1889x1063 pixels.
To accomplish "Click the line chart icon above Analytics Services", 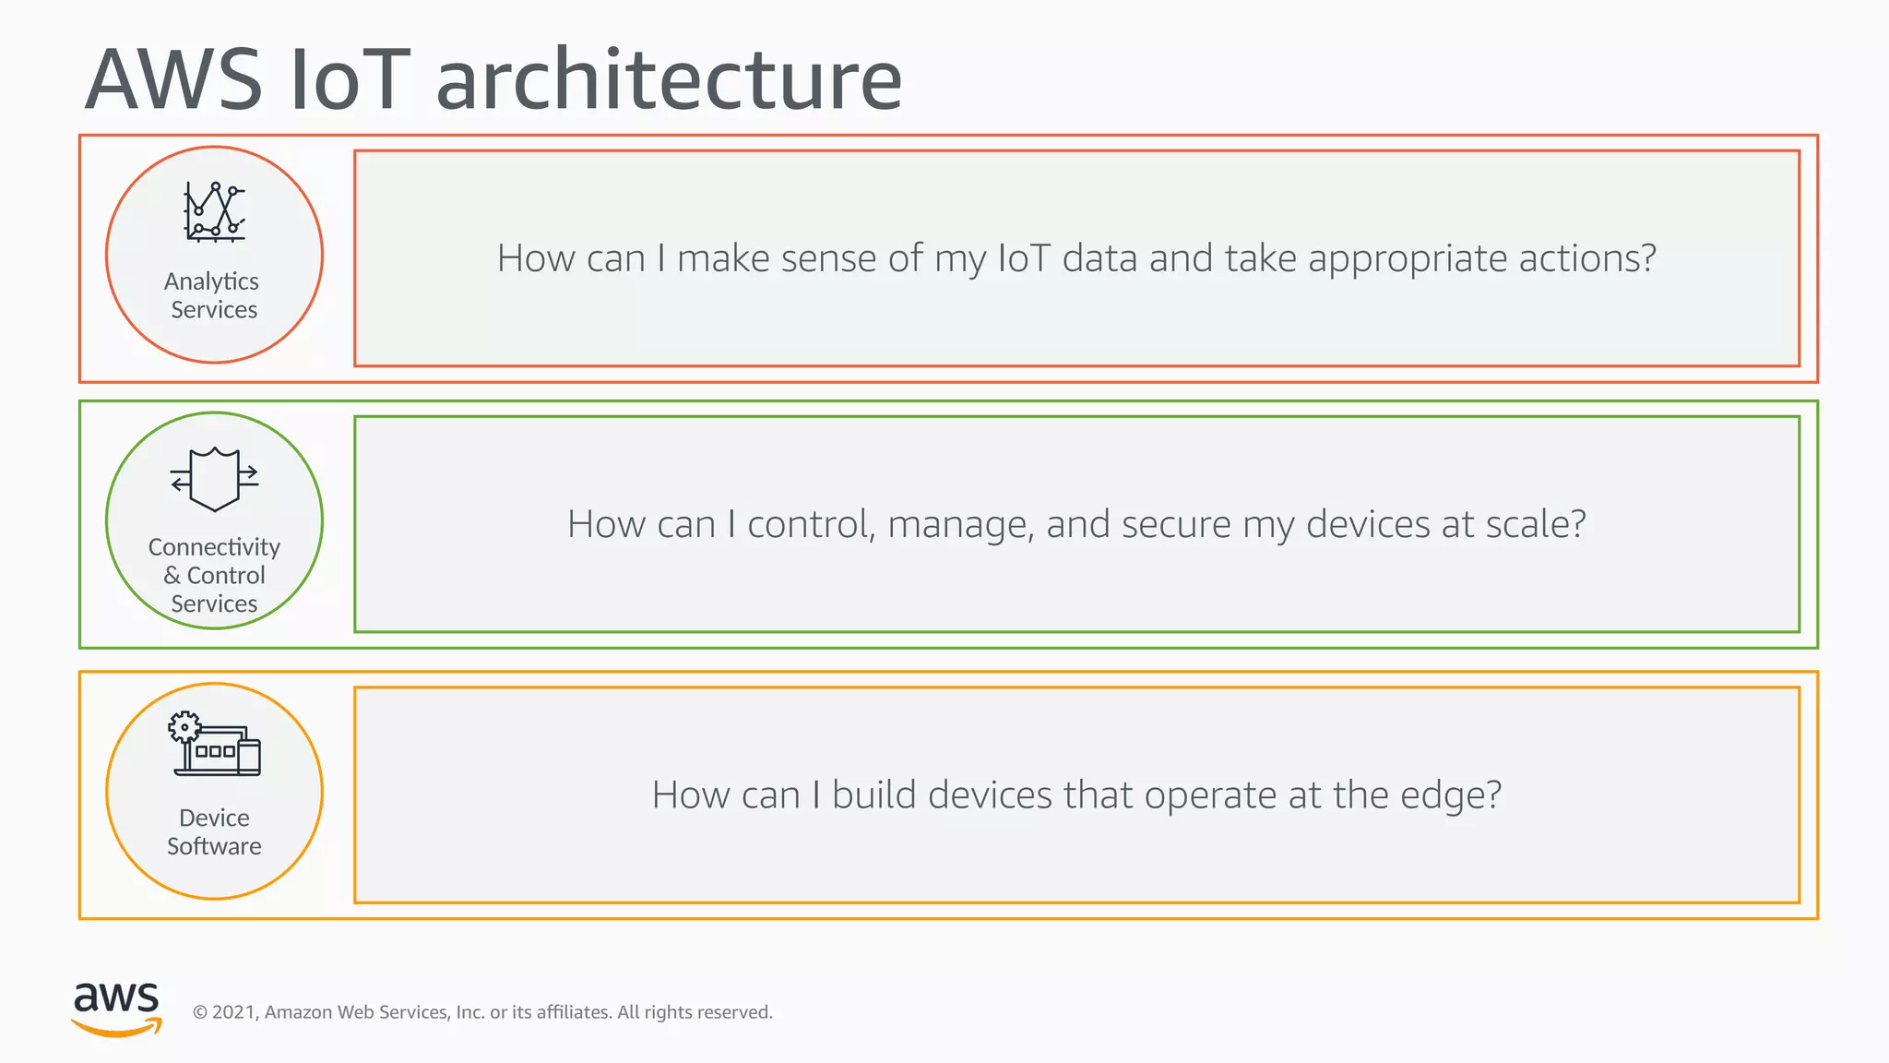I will [215, 211].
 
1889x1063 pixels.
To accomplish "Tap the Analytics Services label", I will [213, 295].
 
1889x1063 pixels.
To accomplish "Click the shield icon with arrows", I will [214, 479].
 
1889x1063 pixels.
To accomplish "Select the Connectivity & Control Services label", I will [214, 575].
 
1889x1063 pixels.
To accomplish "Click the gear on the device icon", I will [184, 727].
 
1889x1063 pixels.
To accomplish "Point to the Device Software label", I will [214, 831].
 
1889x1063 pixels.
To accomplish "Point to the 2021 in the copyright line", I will [234, 1012].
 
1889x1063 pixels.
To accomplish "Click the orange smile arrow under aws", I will [116, 1027].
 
